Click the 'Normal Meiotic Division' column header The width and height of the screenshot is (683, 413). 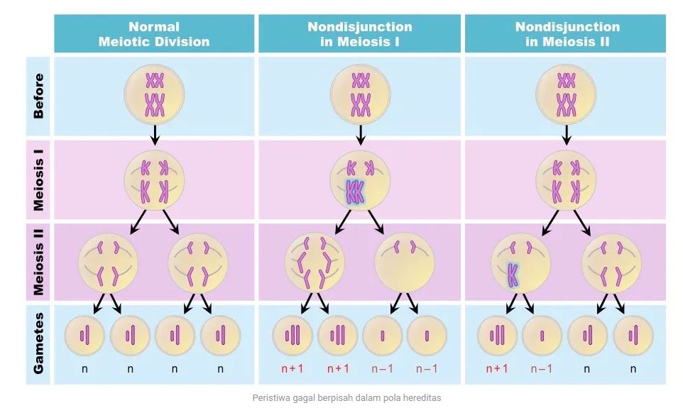coord(154,34)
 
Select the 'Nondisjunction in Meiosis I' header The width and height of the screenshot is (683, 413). coord(359,34)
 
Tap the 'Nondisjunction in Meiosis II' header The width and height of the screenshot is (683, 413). coord(567,34)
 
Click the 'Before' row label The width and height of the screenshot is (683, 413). coord(39,95)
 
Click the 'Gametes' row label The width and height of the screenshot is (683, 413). coord(39,343)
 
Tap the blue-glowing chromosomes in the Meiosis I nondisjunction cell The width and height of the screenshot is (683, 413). coord(354,192)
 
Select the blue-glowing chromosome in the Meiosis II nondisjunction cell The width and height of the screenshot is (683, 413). coord(512,275)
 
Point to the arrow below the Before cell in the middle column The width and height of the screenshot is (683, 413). coord(361,133)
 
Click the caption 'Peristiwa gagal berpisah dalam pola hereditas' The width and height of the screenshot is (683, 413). coord(346,397)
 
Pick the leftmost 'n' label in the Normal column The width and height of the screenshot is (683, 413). coord(84,368)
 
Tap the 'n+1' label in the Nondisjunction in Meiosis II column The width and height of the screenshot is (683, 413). coord(498,368)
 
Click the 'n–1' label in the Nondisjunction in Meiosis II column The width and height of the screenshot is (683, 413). coord(542,368)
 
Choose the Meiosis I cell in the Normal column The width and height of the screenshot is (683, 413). coord(154,180)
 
